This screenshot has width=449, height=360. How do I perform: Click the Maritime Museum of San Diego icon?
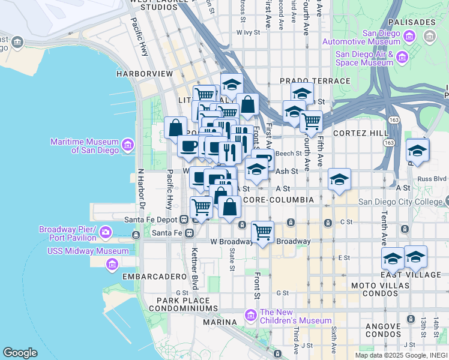pos(127,145)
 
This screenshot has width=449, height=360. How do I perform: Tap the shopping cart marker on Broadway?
pos(262,231)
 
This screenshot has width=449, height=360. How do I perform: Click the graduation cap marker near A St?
pos(339,179)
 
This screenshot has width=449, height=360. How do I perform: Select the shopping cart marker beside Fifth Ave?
pos(311,121)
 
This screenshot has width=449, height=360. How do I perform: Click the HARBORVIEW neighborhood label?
pos(145,74)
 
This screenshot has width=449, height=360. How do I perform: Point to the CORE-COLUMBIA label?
pos(279,199)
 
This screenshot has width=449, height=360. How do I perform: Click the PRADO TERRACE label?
pos(315,81)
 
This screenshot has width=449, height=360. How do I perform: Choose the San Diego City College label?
pos(403,202)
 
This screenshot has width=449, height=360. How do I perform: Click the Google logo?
pos(20,353)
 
